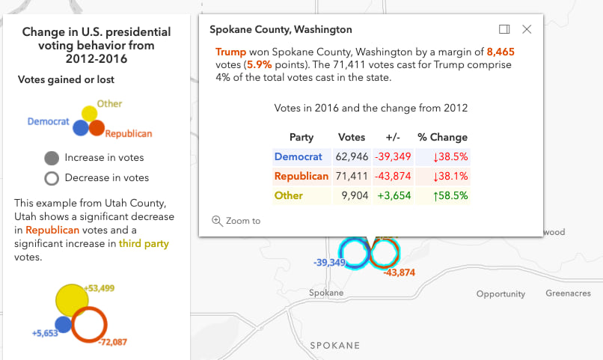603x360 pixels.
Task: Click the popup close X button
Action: [527, 29]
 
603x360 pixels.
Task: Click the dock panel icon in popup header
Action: [504, 29]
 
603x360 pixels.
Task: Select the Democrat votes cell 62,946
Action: [351, 157]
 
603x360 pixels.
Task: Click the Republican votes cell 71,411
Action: [351, 176]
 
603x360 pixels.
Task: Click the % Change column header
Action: [442, 138]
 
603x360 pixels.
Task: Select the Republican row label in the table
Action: [301, 176]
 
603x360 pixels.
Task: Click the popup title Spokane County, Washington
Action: [281, 30]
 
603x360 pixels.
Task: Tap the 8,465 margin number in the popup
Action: [501, 52]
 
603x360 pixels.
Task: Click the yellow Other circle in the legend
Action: [89, 114]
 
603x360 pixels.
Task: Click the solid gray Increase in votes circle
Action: [52, 158]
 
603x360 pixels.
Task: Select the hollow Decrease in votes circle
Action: [52, 178]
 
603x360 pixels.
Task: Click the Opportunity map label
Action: [501, 294]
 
